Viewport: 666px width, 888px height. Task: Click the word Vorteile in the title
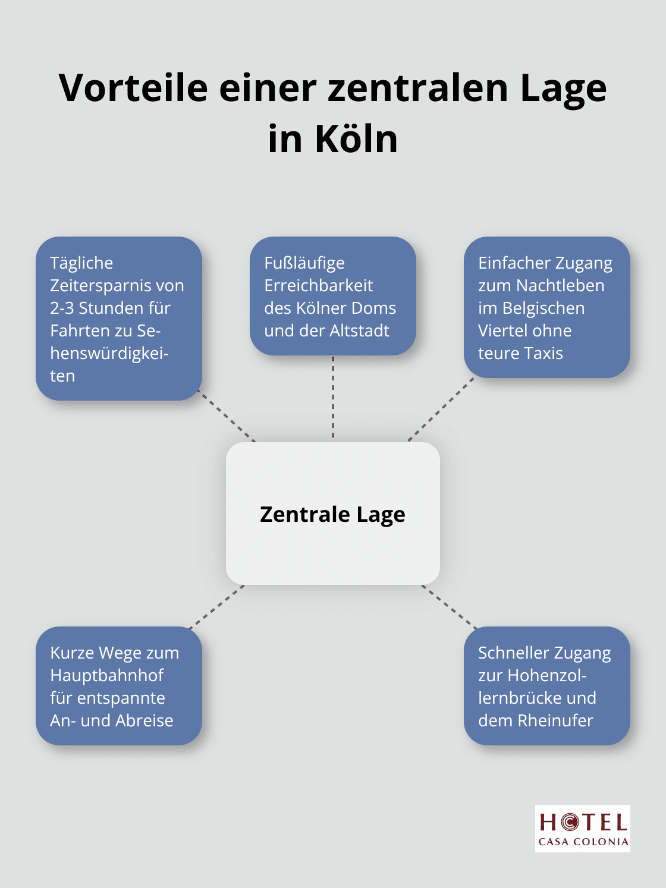(x=134, y=87)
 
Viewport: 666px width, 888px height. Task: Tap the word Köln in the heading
(x=356, y=138)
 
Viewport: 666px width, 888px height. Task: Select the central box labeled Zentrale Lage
(x=332, y=514)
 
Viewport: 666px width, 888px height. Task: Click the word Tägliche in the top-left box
(x=81, y=263)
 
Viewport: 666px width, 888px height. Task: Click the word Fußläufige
(x=304, y=263)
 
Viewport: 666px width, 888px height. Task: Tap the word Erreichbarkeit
(x=319, y=286)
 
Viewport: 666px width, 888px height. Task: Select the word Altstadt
(x=359, y=331)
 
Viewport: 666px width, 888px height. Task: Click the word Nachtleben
(x=560, y=286)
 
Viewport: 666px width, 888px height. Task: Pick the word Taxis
(x=542, y=354)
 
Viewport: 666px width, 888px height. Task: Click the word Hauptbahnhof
(x=107, y=676)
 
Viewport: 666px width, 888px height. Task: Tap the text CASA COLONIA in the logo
(x=583, y=842)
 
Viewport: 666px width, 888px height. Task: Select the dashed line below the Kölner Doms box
(x=332, y=397)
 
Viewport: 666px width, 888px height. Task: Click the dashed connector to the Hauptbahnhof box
(x=216, y=606)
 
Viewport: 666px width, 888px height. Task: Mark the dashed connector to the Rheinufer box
(x=450, y=607)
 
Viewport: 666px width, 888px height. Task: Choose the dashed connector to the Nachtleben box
(x=441, y=410)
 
